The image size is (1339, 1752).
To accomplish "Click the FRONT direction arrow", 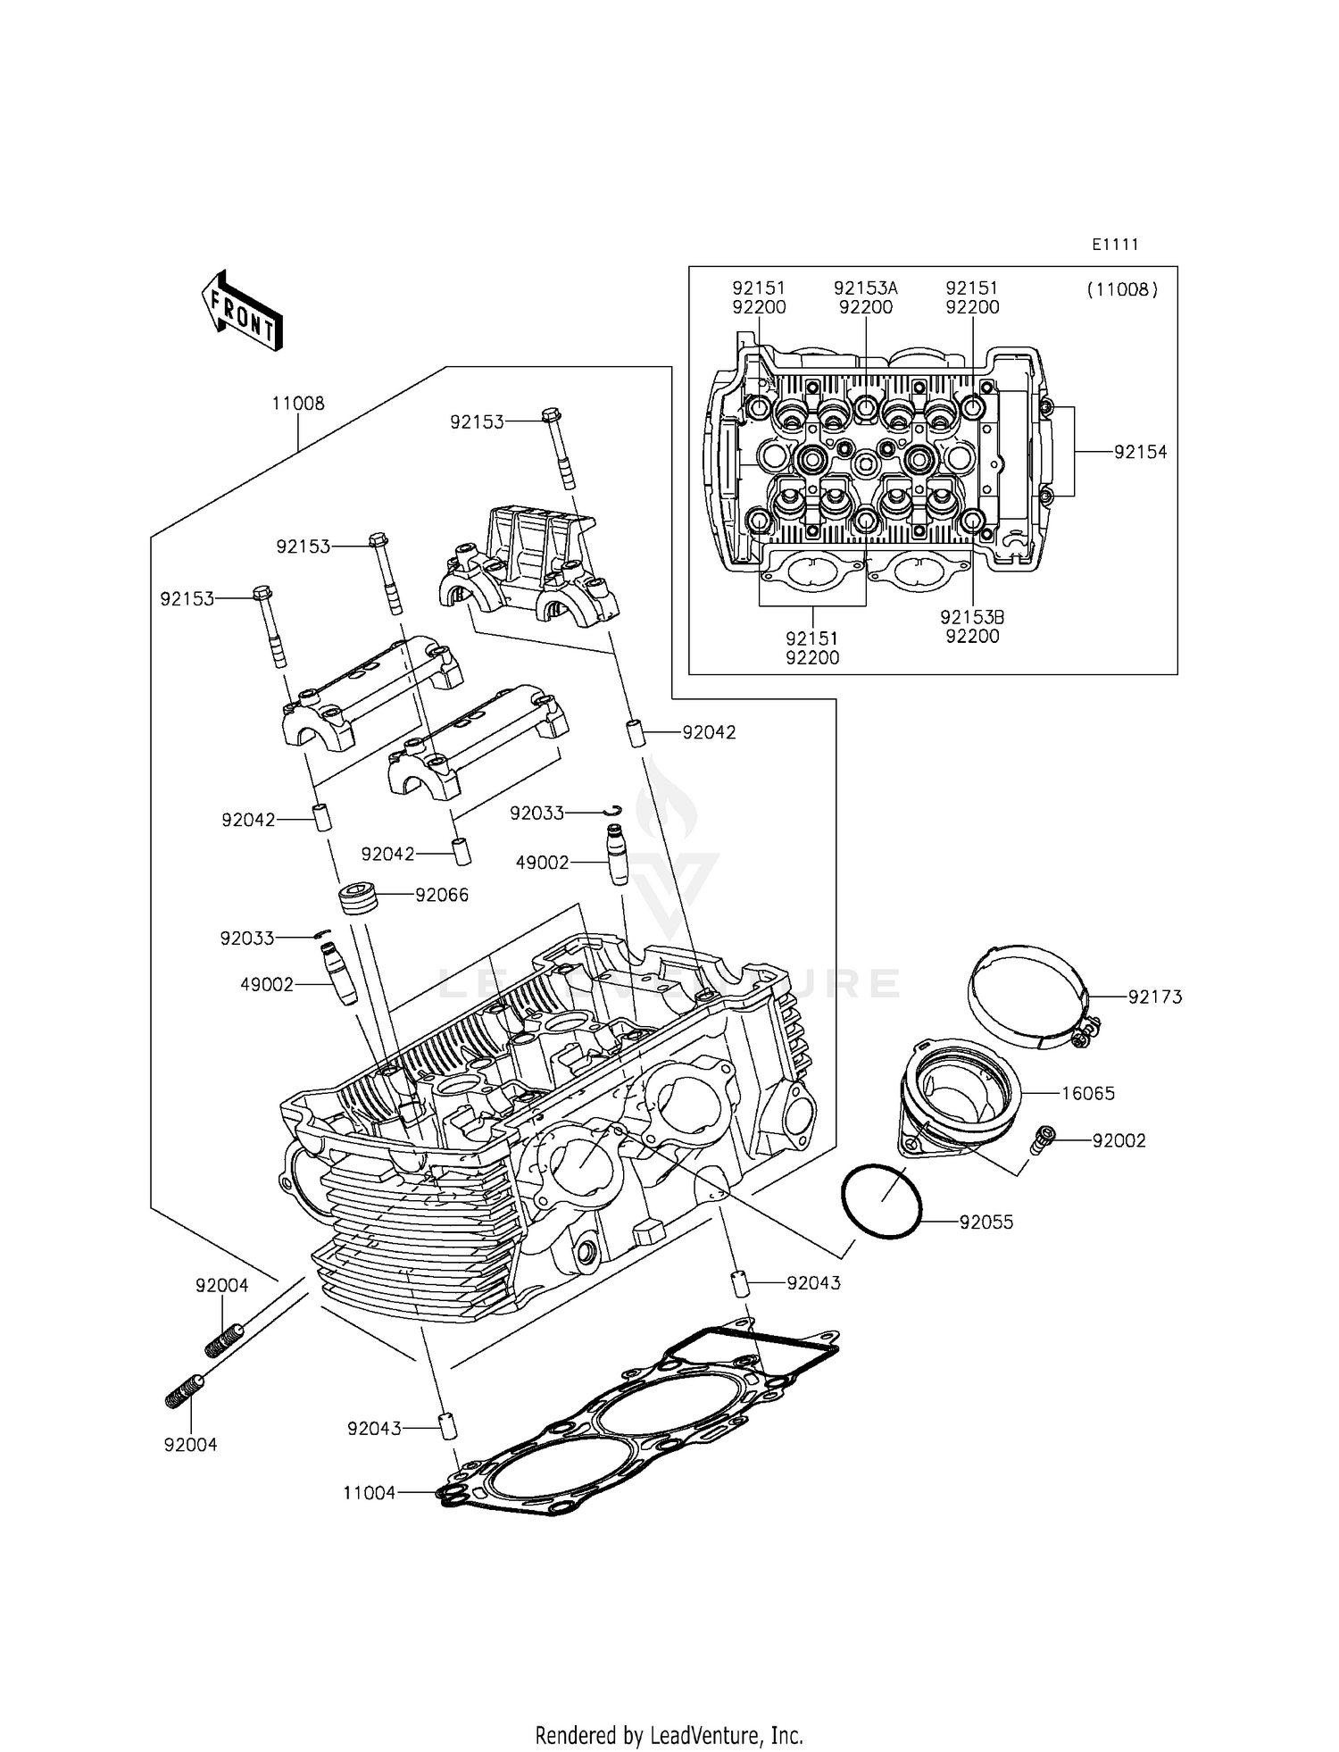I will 241,312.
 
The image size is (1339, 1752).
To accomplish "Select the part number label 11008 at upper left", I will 298,404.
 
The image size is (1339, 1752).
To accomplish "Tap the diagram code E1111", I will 1115,245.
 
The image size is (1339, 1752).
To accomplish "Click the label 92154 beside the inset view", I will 1140,452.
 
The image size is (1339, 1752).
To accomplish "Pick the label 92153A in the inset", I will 865,288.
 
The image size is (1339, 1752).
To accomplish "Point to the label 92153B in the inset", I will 972,617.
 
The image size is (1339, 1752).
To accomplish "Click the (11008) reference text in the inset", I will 1122,289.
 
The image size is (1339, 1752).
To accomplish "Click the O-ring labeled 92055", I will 881,1201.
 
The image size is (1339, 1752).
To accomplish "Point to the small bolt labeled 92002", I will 1042,1140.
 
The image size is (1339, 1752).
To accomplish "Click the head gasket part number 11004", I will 370,1492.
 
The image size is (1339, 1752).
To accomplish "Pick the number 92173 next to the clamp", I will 1154,997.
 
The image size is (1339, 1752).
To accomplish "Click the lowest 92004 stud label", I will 190,1445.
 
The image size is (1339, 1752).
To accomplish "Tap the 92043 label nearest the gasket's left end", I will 375,1429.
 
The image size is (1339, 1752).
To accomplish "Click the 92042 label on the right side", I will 709,732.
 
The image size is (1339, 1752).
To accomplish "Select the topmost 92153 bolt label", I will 477,422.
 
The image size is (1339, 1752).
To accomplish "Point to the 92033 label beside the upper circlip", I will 536,813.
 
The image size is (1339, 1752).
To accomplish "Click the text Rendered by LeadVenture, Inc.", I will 669,1735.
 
